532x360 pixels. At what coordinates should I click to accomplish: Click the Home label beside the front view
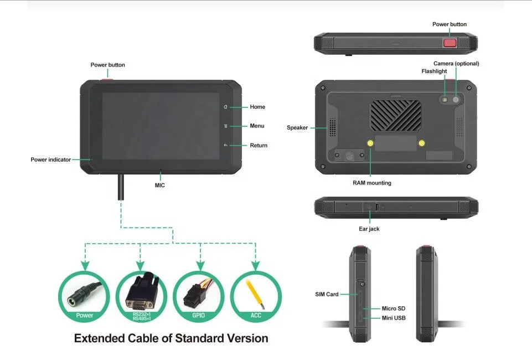257,107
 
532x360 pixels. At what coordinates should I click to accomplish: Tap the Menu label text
257,126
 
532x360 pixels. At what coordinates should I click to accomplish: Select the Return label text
259,146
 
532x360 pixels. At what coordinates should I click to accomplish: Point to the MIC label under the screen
159,186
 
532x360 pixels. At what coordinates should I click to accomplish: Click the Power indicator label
50,160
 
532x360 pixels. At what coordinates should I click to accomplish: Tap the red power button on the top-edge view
450,42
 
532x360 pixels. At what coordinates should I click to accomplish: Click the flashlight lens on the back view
445,100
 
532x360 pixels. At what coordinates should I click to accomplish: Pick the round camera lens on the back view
456,100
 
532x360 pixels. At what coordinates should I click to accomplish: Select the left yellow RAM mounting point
370,143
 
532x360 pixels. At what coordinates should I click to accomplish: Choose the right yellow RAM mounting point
422,143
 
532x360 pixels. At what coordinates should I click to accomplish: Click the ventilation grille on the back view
396,114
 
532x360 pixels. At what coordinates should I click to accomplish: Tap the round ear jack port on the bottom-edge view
370,208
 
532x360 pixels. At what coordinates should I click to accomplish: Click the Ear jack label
369,229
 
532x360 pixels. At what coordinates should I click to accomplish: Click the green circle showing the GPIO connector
198,297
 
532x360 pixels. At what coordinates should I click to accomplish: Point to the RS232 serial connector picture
141,294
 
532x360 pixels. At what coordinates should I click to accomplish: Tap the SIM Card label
323,294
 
